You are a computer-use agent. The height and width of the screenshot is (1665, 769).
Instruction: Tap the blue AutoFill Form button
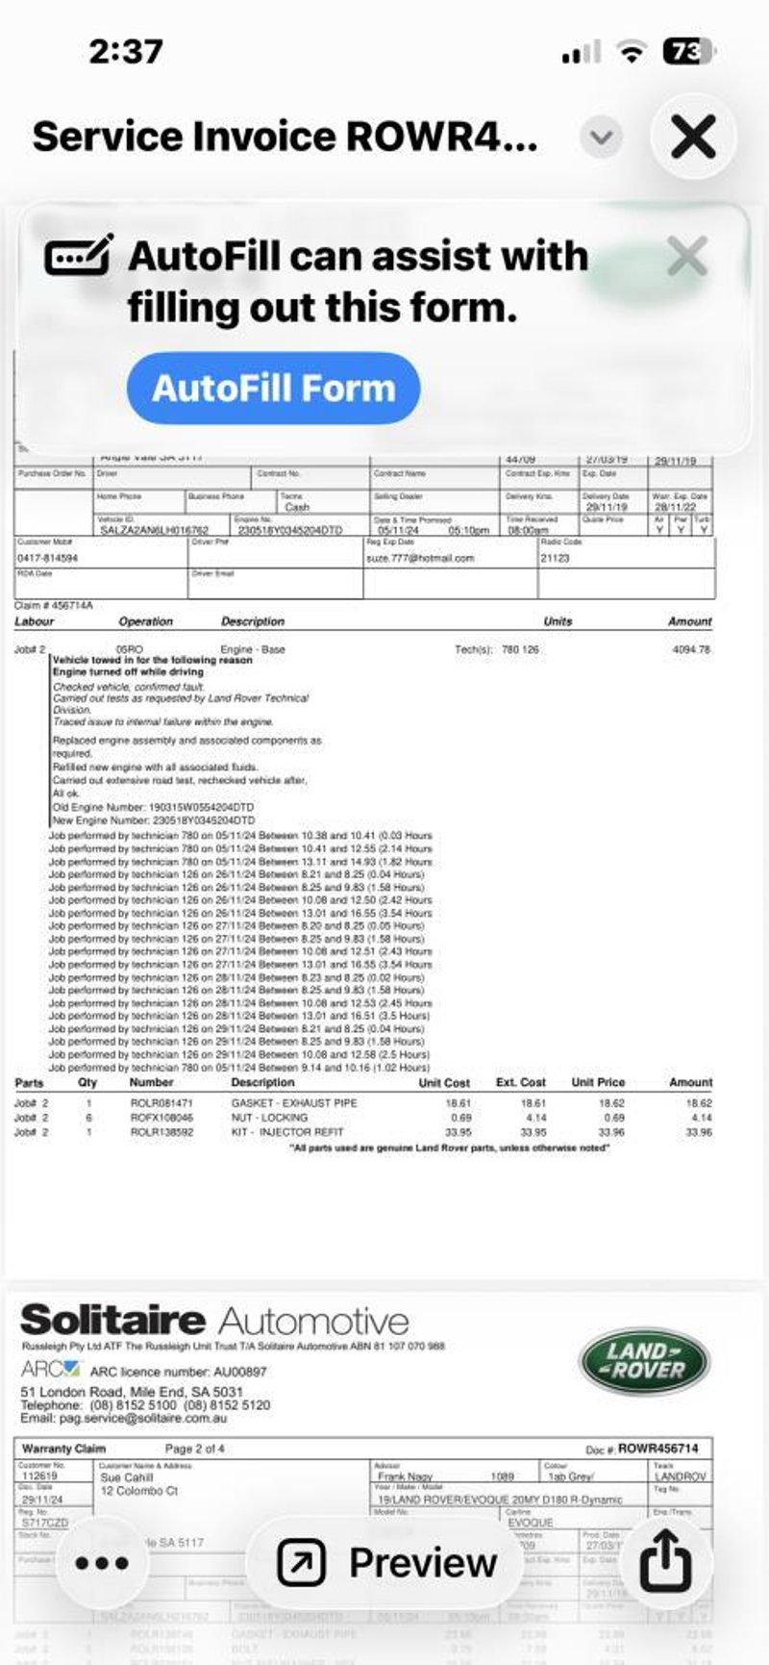274,388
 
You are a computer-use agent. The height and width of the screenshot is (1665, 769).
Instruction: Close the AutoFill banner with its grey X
686,257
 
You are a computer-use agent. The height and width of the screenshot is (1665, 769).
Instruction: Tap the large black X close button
693,137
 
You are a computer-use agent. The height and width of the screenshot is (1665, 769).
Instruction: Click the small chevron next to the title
602,138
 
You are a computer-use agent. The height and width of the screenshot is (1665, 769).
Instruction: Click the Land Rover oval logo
644,1361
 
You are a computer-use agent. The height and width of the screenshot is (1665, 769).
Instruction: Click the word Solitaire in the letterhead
112,1321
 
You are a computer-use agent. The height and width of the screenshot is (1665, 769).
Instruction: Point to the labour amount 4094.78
691,650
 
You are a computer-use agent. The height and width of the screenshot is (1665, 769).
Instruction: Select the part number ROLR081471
161,1103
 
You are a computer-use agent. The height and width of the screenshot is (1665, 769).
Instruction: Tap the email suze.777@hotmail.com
420,558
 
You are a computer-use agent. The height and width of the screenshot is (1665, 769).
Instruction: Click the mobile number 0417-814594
48,558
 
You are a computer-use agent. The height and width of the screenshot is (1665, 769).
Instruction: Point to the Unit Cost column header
444,1082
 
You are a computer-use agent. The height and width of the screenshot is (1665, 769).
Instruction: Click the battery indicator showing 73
687,52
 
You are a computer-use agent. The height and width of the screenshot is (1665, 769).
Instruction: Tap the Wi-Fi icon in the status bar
631,53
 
